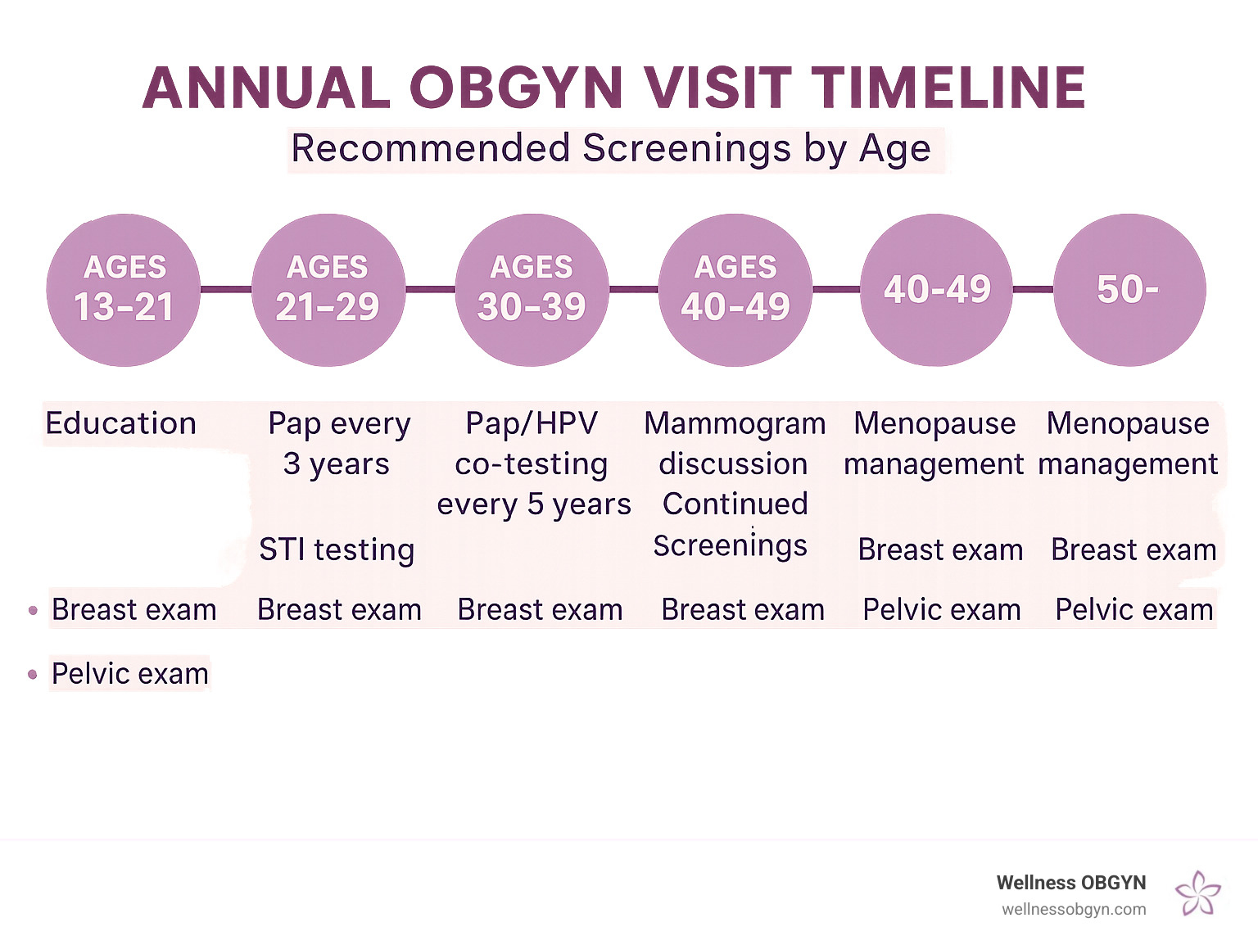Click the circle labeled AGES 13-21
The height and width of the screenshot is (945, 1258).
click(124, 290)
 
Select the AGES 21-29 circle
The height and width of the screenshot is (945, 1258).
click(328, 290)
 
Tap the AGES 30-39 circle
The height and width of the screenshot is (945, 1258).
click(532, 290)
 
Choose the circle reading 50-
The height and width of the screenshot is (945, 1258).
click(1129, 290)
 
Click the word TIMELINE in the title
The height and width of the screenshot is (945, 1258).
click(949, 88)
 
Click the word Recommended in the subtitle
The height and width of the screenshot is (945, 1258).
click(430, 149)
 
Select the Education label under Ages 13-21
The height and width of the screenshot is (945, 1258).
click(121, 423)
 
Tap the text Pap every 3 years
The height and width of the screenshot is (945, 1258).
click(338, 443)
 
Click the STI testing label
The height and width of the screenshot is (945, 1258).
click(337, 549)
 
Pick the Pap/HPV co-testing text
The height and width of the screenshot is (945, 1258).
click(532, 443)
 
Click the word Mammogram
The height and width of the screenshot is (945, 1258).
click(735, 423)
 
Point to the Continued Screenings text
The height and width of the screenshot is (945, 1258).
click(733, 524)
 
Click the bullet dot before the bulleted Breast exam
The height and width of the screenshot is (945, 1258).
click(33, 610)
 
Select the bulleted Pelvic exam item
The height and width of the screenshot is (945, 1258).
click(129, 674)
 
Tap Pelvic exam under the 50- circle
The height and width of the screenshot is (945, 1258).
click(1134, 610)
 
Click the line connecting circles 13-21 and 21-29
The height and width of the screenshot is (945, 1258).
click(226, 289)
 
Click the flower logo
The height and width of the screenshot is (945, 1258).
click(1197, 893)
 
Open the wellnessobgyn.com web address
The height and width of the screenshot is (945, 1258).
click(1073, 909)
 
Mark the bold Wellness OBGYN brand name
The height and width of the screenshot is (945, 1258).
click(1070, 883)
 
